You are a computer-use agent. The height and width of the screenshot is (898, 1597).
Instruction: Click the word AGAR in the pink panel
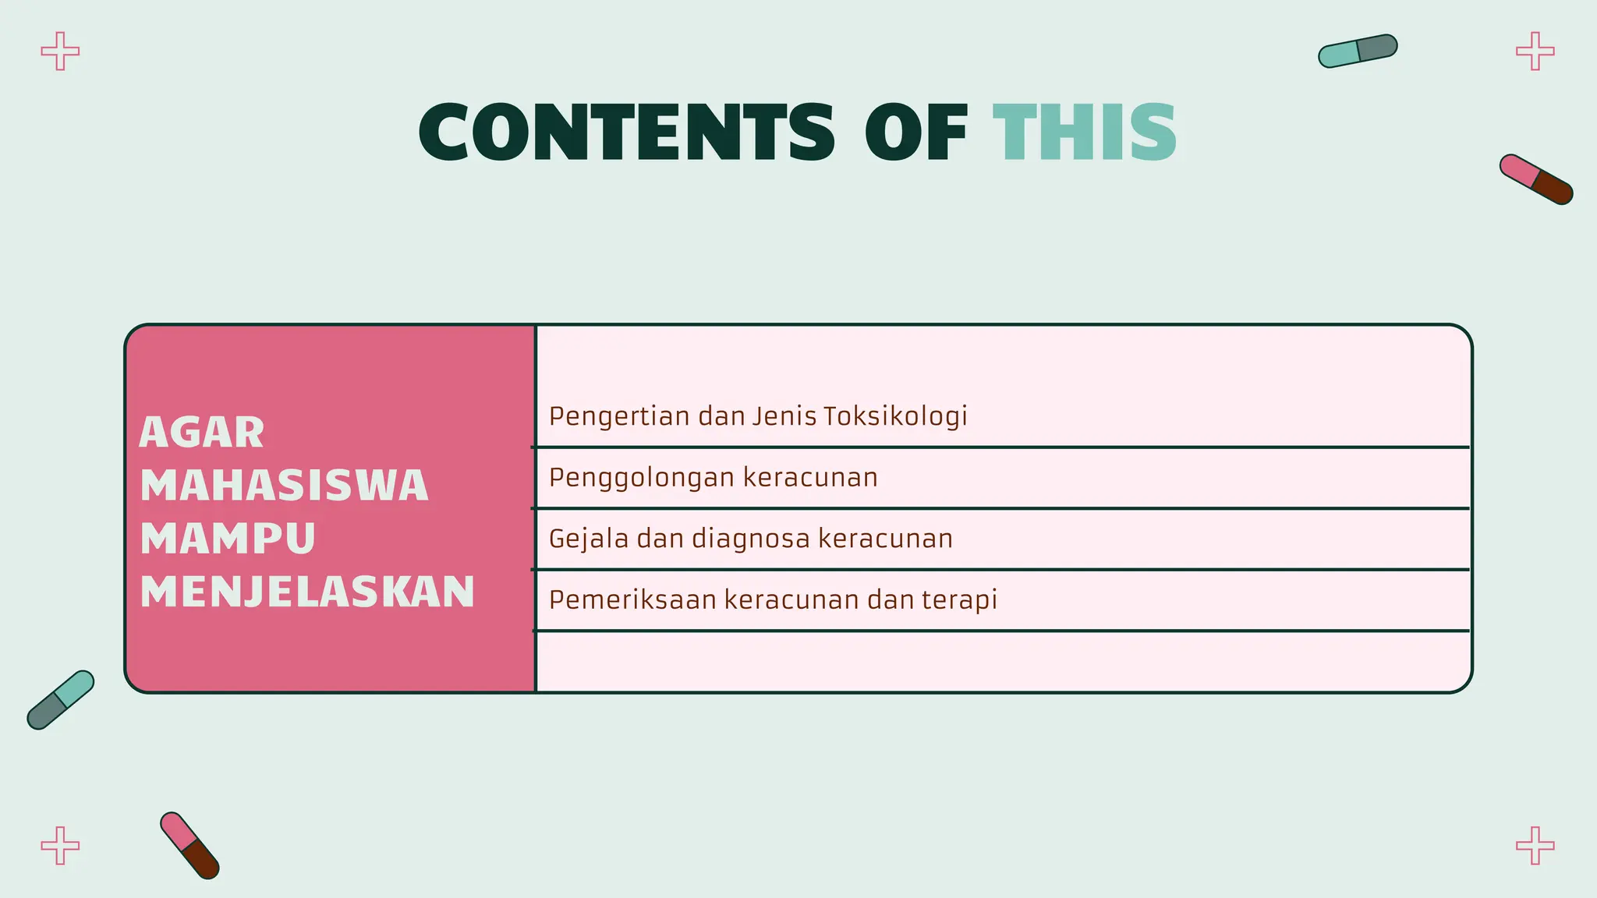click(202, 433)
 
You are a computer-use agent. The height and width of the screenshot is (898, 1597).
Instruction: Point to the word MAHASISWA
click(285, 485)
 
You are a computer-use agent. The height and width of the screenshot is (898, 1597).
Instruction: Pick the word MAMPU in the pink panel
click(228, 538)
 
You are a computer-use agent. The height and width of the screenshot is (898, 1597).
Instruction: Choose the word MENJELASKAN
click(307, 591)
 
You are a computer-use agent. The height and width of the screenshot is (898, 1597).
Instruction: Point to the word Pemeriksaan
click(632, 599)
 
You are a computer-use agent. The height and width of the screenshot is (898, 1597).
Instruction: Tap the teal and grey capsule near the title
click(1358, 51)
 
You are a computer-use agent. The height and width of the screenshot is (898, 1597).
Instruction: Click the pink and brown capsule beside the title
click(1536, 179)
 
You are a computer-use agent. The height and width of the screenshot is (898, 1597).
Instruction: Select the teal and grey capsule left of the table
click(60, 700)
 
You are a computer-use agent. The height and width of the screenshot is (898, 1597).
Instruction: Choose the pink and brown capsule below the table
click(189, 846)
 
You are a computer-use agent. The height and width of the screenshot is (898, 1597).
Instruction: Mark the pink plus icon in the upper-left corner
click(60, 51)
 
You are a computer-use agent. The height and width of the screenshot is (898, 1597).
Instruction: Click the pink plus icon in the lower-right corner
click(1535, 846)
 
